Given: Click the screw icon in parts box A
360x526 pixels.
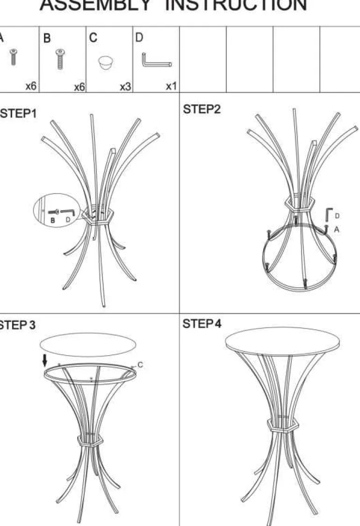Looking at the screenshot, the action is point(14,57).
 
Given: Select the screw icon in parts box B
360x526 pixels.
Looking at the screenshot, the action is point(60,59).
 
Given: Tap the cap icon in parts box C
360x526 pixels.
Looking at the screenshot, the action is point(106,63).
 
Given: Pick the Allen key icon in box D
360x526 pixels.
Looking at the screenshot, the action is point(157,60).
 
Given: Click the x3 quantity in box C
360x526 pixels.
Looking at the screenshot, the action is point(126,87).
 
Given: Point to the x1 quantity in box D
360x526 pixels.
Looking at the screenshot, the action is point(171,86).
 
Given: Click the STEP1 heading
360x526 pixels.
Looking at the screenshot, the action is point(18,114).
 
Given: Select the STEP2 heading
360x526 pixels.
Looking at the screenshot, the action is point(202,110).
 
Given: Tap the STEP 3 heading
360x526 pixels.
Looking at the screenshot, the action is point(17,325).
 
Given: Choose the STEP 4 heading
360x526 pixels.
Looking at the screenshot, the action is point(202,324).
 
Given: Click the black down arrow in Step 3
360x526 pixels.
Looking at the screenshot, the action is point(45,361).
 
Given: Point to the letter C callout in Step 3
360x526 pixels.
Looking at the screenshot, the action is point(140,365).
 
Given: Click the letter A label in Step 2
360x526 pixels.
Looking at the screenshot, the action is point(337,229).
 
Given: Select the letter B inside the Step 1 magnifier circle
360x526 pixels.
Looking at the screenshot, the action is point(53,220).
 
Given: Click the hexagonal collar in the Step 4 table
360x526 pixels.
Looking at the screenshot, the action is point(283,424).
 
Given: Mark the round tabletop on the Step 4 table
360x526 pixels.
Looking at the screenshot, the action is point(282,342).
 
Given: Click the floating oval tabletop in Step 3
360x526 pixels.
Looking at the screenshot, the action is point(88,345).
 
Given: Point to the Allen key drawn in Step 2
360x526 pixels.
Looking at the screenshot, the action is point(329,215).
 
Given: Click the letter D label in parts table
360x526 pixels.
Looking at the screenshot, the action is point(139,37).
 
